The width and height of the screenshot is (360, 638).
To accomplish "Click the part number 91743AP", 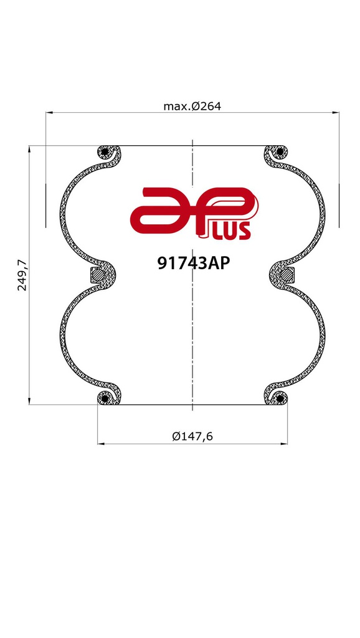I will [x=194, y=264].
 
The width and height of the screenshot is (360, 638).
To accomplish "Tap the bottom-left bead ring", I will [x=105, y=398].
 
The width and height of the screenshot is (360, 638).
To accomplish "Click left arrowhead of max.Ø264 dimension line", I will [x=49, y=113].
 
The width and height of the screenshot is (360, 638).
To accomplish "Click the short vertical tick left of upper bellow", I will [x=45, y=206].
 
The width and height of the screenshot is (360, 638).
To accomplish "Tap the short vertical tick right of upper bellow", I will [x=339, y=206].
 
